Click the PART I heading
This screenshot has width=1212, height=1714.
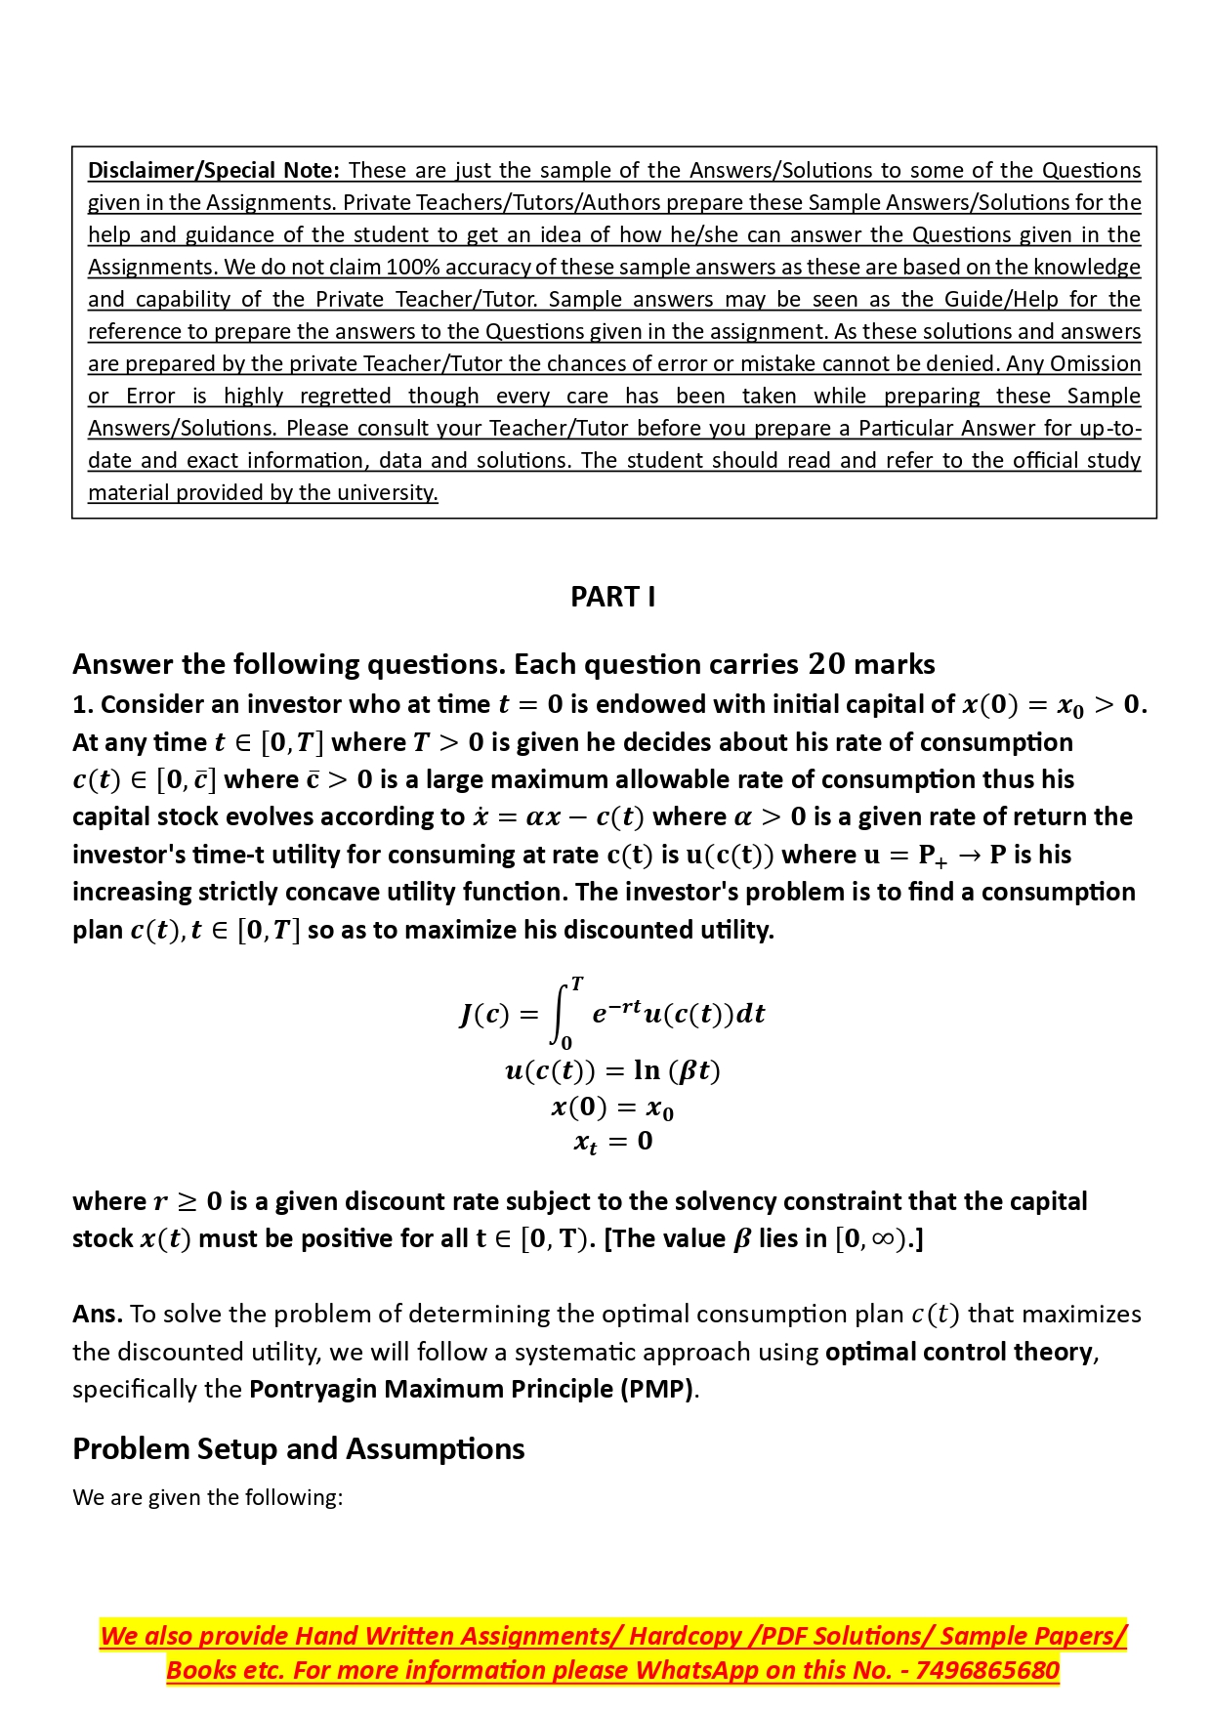point(612,597)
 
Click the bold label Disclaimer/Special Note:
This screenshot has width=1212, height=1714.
point(213,170)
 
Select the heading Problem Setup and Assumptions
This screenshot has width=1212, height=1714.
point(298,1448)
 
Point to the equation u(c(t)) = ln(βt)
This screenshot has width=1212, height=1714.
point(612,1071)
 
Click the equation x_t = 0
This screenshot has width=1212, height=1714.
point(612,1141)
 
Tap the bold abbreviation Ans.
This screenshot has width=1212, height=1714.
point(97,1315)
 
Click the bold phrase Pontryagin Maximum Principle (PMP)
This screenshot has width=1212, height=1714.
point(472,1389)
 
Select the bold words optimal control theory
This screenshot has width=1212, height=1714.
point(958,1352)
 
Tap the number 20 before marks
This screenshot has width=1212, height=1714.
point(826,664)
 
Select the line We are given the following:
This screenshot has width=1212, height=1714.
point(207,1497)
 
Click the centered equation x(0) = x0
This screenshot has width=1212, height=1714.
point(612,1108)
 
